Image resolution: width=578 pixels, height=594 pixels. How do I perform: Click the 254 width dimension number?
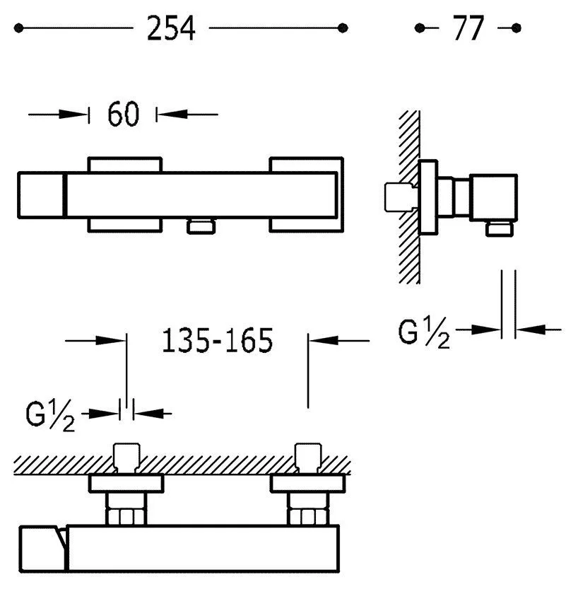(171, 28)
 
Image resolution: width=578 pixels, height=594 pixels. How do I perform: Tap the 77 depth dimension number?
(468, 28)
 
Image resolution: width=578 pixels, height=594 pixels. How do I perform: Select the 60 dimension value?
(124, 114)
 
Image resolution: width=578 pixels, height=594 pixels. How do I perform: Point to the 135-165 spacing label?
(217, 341)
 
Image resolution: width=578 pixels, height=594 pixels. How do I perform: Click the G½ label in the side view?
(424, 332)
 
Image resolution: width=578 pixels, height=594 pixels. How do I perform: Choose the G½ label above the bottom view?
(50, 416)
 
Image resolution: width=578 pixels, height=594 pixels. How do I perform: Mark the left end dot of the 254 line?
(18, 28)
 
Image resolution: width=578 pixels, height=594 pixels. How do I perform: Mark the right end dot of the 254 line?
(343, 28)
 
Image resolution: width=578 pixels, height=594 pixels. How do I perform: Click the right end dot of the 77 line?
(516, 28)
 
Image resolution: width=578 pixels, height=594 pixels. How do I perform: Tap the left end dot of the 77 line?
(420, 28)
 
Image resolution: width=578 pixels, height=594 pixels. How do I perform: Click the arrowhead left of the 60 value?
(73, 114)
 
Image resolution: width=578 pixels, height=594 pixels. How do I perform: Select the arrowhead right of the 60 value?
(172, 114)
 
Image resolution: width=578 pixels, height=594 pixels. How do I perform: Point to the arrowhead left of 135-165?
(110, 340)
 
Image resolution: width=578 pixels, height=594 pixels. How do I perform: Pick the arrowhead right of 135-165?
(324, 340)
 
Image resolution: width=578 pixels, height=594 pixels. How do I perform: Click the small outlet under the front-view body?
(201, 226)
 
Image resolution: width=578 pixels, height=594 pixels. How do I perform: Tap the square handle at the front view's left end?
(41, 195)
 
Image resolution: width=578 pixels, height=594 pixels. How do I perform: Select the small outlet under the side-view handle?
(500, 229)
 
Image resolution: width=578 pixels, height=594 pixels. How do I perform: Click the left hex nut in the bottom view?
(126, 517)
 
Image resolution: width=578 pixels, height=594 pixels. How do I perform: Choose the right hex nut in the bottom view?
(308, 517)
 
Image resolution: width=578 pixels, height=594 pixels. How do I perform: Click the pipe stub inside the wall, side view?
(401, 197)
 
